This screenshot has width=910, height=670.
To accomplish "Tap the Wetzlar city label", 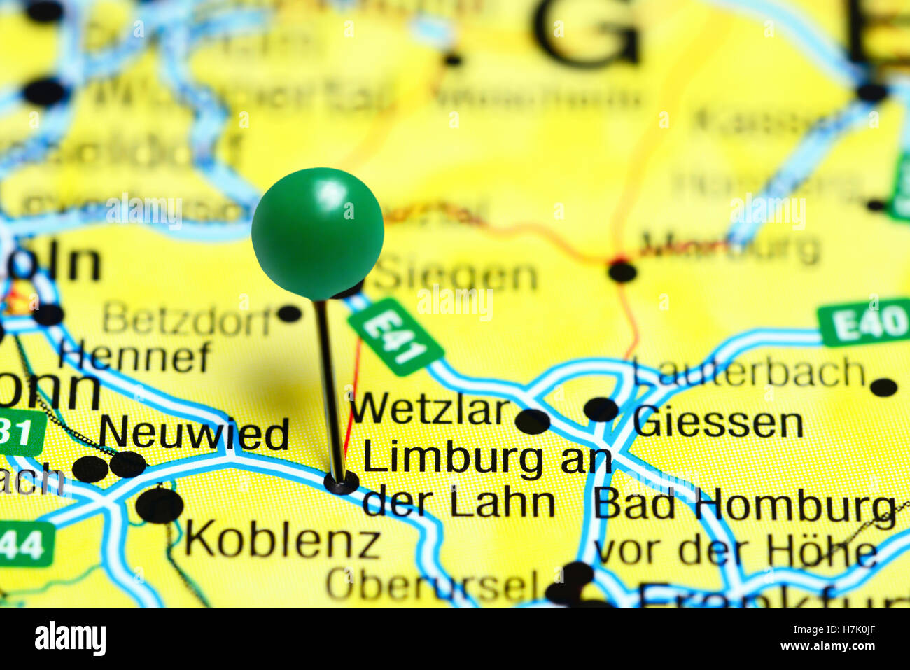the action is coord(430,410).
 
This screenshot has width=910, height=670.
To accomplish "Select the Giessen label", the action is coord(717,423).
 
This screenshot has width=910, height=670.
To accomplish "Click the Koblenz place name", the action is coord(282,540).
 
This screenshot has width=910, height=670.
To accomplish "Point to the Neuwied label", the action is coord(194,434).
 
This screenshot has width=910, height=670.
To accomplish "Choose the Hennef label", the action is coord(134,356).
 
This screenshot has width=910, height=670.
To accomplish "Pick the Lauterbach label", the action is coord(749,372).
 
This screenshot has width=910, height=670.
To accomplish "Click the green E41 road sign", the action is coord(395,336).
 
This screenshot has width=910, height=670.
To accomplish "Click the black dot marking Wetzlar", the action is coord(533,421).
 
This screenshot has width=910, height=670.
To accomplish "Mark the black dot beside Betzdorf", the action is coord(288,313).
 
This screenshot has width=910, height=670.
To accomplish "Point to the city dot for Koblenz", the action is coord(160,505).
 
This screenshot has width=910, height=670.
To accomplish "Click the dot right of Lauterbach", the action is coord(883,387).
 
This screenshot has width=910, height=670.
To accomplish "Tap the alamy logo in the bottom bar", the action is coord(70,638).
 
